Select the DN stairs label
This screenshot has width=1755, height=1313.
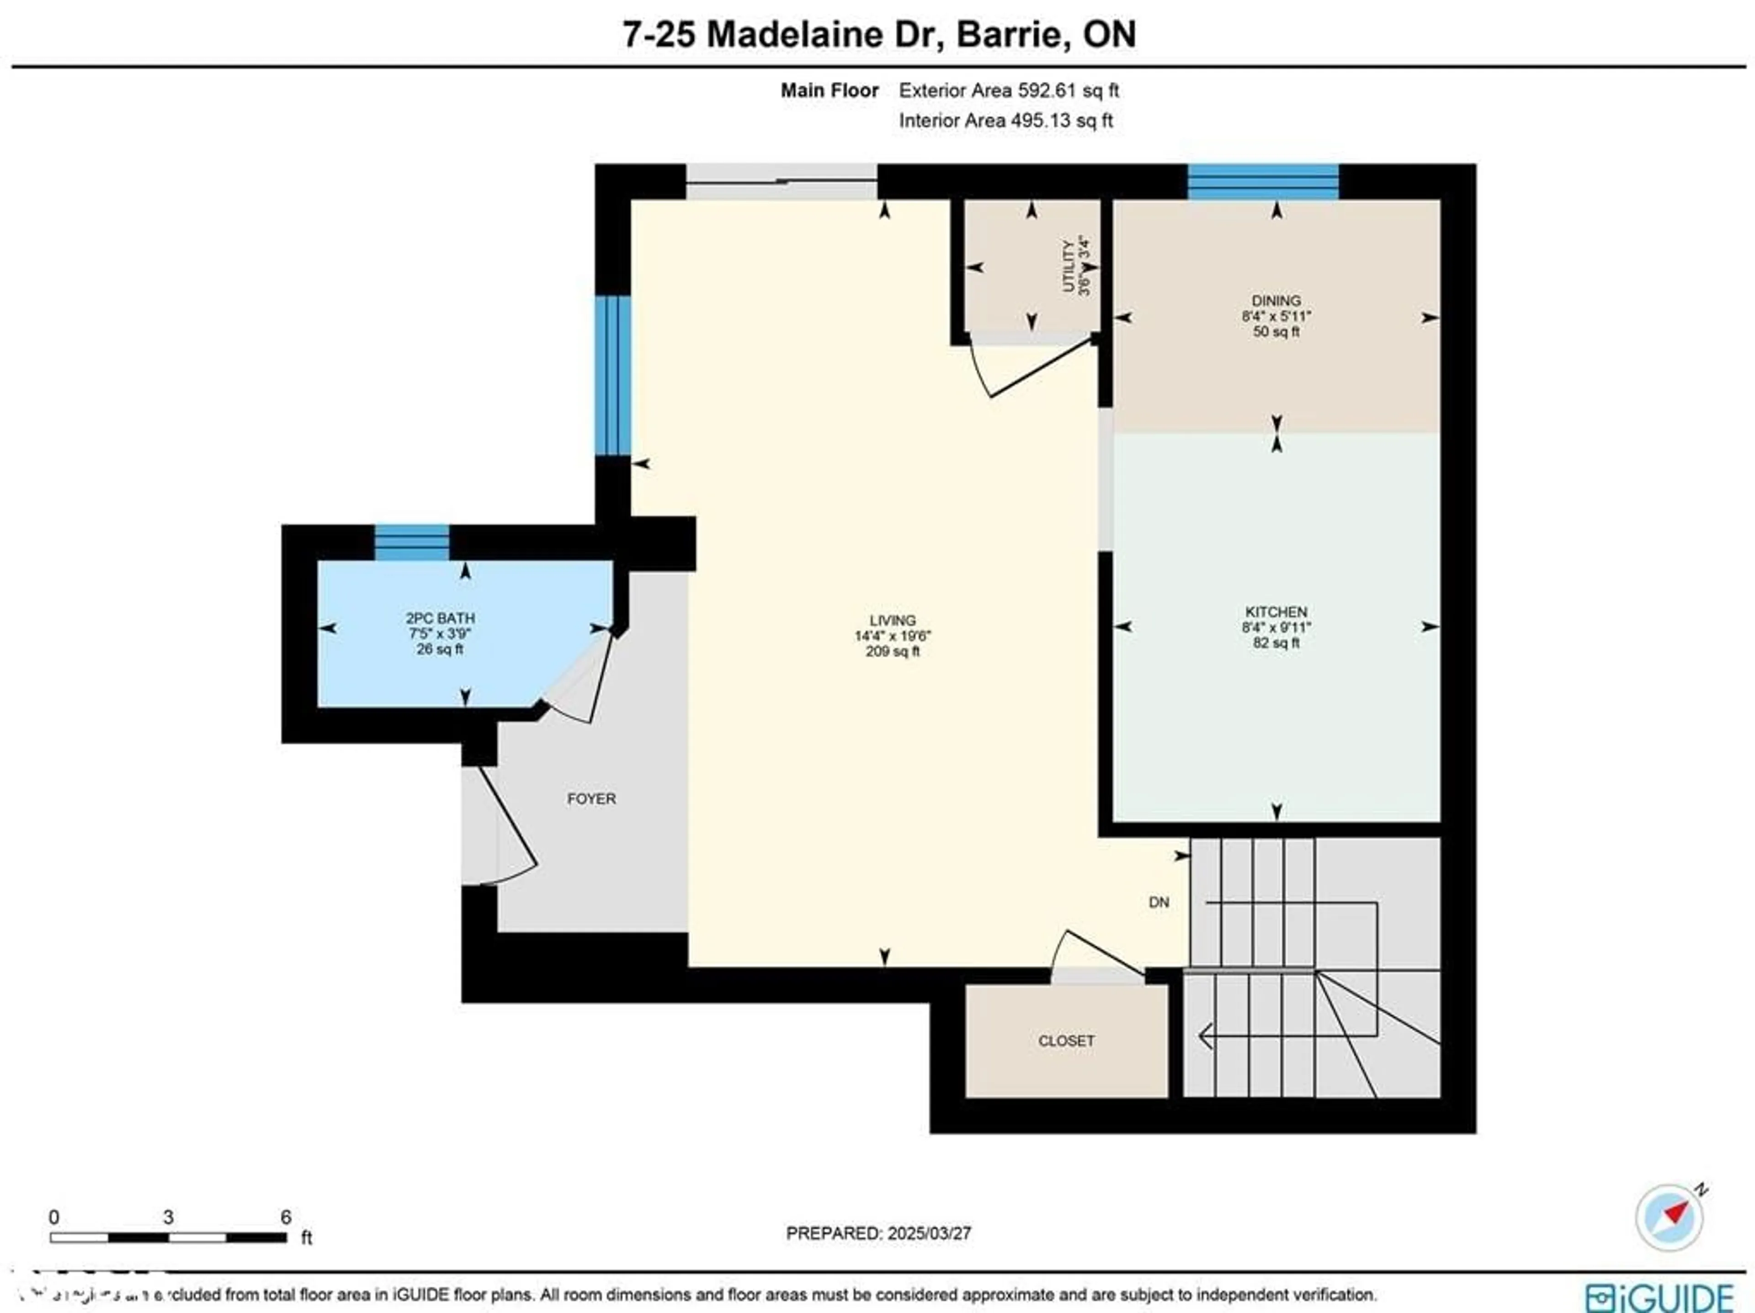1159,902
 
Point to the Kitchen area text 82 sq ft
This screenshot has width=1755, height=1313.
1276,643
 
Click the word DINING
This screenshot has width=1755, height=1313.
1276,301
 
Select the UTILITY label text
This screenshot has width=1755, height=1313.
1069,266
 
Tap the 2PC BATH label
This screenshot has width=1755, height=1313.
440,618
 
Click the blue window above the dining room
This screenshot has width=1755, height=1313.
1262,182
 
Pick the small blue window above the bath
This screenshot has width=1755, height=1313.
412,542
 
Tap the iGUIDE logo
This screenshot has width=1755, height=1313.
1660,1297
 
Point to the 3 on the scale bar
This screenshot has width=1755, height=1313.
168,1217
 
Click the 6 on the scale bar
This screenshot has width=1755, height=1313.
286,1217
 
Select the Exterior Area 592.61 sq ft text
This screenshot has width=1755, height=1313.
1008,90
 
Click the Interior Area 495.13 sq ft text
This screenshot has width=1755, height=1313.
1005,121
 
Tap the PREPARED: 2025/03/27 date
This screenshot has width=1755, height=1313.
878,1233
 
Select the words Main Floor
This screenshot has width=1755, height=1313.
829,90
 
